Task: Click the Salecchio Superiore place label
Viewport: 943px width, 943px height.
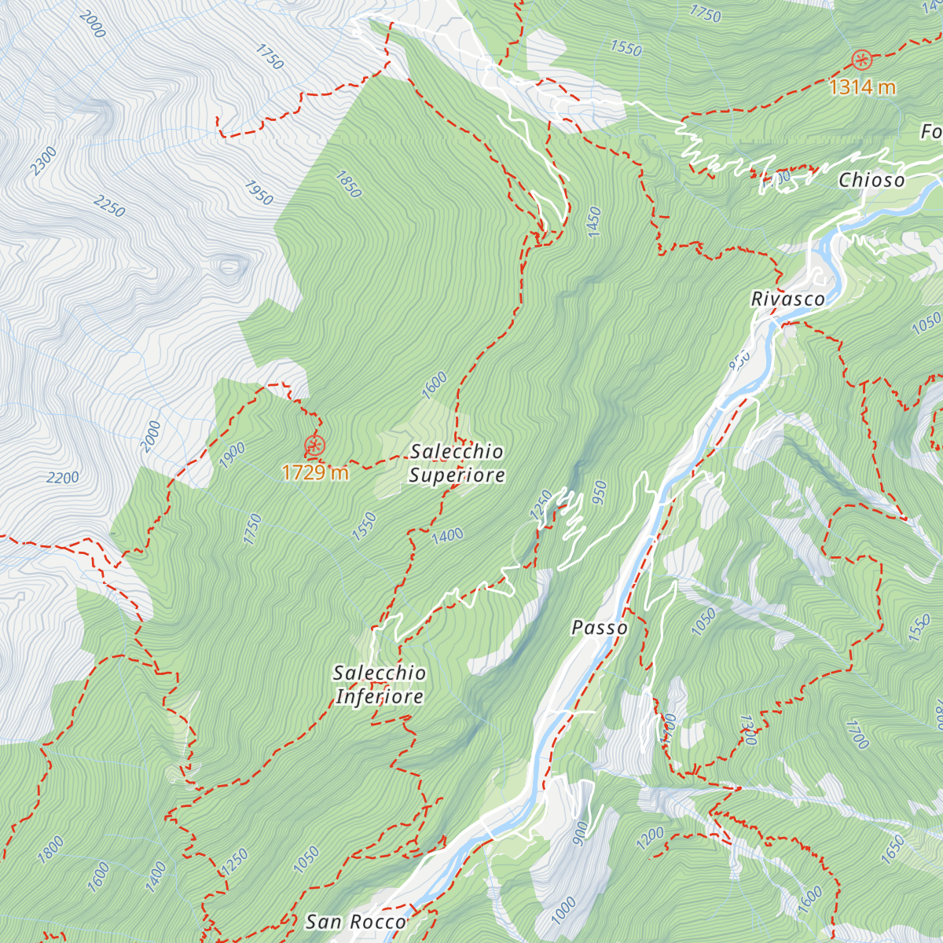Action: coord(457,463)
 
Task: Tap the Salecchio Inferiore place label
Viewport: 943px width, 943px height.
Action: coord(380,684)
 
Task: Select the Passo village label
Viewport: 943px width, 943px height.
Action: coord(600,628)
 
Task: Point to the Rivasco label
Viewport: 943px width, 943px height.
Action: coord(788,299)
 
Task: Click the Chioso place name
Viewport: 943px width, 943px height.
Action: coord(871,180)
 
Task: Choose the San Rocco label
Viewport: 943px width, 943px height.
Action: coord(356,922)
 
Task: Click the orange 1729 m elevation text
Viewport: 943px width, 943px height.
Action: coord(314,472)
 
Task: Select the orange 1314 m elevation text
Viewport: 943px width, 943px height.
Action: coord(862,86)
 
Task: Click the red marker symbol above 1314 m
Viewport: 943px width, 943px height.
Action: coord(862,60)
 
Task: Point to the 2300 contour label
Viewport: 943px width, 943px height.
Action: coord(44,162)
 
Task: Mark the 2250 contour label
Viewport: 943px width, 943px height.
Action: coord(109,207)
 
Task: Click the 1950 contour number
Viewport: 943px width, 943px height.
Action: coord(259,193)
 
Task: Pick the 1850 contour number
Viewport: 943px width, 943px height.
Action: coord(347,185)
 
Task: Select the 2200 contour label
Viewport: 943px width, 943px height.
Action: coord(63,478)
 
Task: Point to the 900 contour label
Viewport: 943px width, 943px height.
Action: coord(580,833)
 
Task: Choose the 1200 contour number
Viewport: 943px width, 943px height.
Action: coord(650,838)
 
